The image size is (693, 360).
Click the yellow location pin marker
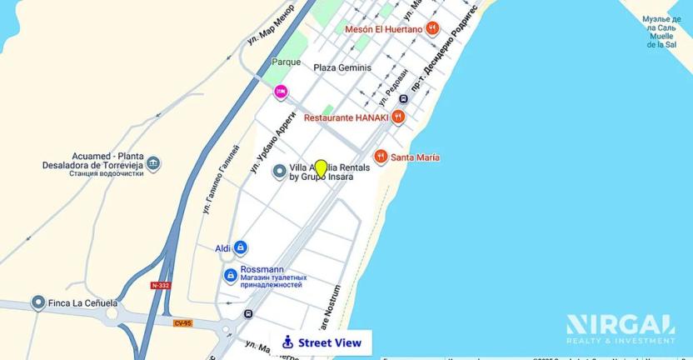tap(321, 168)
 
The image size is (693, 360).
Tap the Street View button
tap(321, 342)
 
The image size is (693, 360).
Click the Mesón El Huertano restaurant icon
tap(431, 28)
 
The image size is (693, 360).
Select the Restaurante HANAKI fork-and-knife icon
tap(398, 117)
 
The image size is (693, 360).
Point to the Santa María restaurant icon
tap(381, 157)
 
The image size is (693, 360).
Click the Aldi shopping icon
tap(240, 247)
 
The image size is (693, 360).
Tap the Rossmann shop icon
tap(231, 275)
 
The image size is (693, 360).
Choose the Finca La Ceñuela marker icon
tap(37, 302)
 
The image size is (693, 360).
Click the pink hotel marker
tap(282, 91)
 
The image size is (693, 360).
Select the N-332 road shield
tap(161, 285)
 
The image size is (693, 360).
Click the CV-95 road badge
tap(182, 322)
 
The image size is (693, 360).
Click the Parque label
tap(286, 62)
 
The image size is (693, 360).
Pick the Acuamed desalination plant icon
tap(153, 164)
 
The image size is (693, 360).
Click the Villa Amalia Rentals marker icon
tap(280, 172)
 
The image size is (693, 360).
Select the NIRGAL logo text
tap(620, 323)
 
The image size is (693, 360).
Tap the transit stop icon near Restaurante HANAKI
tap(403, 98)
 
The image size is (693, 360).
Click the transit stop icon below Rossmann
tap(248, 314)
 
